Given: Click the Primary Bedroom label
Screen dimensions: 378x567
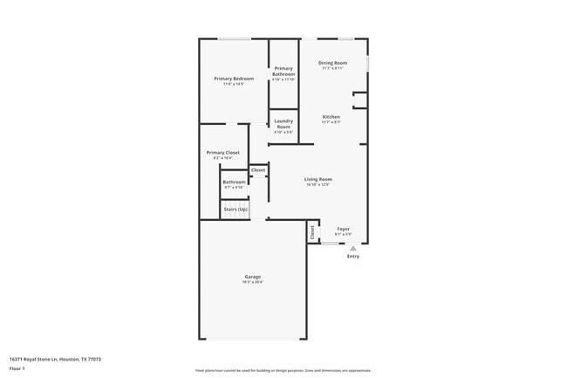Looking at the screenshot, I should pyautogui.click(x=234, y=79).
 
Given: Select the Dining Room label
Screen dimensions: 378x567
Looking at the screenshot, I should pyautogui.click(x=332, y=63).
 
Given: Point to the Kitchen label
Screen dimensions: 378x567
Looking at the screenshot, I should pyautogui.click(x=331, y=117).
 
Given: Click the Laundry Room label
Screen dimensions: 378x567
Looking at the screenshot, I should pyautogui.click(x=283, y=124).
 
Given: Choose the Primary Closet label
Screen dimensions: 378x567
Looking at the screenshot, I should pyautogui.click(x=222, y=153).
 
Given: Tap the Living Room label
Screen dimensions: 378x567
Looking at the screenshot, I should pyautogui.click(x=318, y=179).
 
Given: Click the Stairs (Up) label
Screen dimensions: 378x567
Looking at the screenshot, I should pyautogui.click(x=235, y=210).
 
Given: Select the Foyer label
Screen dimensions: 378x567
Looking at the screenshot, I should pyautogui.click(x=343, y=229).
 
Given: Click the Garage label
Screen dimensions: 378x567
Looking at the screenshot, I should pyautogui.click(x=252, y=277).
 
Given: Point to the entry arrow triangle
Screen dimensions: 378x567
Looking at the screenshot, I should pyautogui.click(x=353, y=248).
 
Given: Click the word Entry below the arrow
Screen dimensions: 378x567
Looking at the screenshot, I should pyautogui.click(x=353, y=257).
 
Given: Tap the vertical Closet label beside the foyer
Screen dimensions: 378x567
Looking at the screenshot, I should pyautogui.click(x=312, y=232).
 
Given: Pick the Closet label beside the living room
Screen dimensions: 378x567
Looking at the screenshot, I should pyautogui.click(x=258, y=170).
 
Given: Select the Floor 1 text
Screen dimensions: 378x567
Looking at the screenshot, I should pyautogui.click(x=17, y=369).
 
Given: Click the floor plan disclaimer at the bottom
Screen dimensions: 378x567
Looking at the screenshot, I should pyautogui.click(x=283, y=370).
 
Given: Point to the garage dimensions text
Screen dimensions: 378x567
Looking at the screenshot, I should pyautogui.click(x=252, y=282).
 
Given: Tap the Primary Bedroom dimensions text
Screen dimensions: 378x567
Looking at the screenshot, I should pyautogui.click(x=234, y=84).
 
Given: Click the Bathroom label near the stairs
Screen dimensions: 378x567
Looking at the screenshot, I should pyautogui.click(x=234, y=182).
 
